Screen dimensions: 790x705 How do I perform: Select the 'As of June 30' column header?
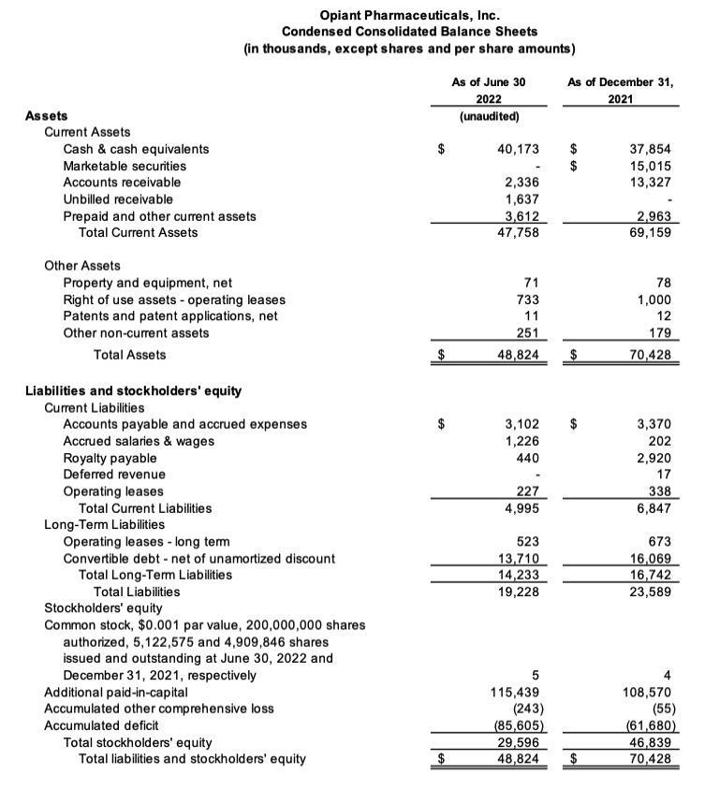[488, 82]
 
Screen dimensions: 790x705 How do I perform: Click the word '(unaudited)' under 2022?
[488, 116]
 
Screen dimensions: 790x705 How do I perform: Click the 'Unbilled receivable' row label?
[118, 199]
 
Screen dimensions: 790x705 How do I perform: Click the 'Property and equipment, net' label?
[147, 283]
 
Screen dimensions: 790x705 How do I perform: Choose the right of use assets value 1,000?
[654, 300]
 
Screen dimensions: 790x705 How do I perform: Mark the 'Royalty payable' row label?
[110, 459]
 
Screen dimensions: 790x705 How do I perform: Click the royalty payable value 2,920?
[654, 459]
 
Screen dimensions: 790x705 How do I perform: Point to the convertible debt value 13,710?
[518, 559]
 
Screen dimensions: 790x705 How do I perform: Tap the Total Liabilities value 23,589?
[650, 592]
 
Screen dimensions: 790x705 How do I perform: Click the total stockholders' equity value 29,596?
[518, 742]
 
